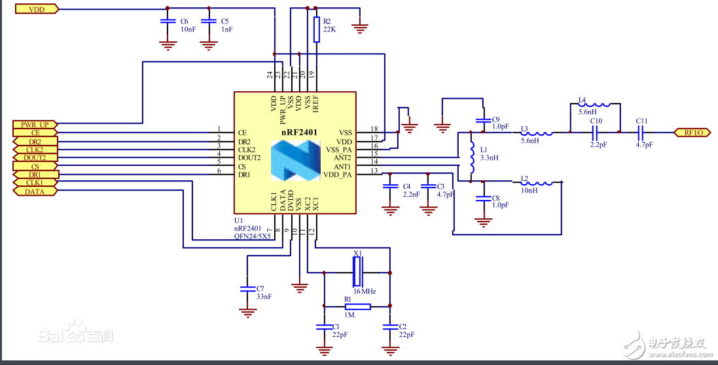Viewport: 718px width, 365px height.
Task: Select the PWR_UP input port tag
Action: (35, 124)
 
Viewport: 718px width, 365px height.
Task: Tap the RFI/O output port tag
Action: (692, 132)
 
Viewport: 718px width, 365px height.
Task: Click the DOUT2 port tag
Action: (35, 157)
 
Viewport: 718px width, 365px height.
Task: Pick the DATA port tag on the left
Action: (35, 191)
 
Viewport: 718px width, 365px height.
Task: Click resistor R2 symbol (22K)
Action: (317, 29)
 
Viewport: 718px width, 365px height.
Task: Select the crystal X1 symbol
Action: (357, 271)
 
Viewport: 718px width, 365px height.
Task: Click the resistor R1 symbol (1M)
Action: (357, 306)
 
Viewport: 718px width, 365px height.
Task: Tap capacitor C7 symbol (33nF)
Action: (247, 288)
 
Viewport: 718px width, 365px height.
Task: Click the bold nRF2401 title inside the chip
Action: (299, 132)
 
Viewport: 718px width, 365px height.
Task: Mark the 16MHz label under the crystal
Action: (365, 290)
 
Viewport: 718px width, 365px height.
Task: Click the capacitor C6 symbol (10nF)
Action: (168, 22)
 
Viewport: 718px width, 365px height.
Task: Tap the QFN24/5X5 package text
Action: (253, 237)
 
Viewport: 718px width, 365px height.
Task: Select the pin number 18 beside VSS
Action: (374, 128)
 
